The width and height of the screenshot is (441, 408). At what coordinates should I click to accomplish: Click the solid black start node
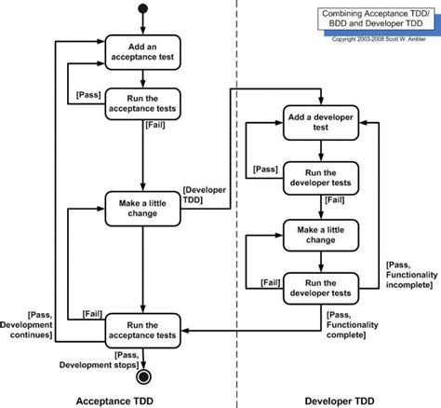[x=142, y=11]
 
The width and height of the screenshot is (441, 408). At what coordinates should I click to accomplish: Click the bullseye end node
[x=143, y=377]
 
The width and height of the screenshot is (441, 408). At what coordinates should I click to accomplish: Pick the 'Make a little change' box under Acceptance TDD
[x=142, y=206]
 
